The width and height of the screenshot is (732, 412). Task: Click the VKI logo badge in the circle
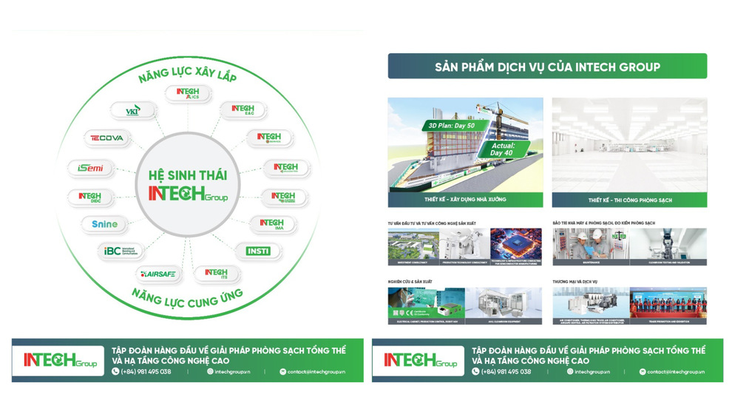[x=133, y=112]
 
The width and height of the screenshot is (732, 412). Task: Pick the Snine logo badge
[x=105, y=224]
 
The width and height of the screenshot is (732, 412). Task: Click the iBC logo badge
[x=120, y=251]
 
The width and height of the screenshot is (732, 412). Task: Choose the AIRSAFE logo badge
[x=159, y=274]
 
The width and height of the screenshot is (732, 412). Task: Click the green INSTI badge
[x=258, y=251]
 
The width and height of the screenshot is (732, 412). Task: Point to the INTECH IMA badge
[x=272, y=224]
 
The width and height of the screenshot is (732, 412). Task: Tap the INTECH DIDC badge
[x=90, y=197]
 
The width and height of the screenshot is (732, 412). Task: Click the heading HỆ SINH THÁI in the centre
[x=188, y=175]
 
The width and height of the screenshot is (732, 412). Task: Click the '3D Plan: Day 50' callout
[x=451, y=126]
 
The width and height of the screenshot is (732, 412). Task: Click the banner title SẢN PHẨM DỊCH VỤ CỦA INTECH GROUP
[x=547, y=67]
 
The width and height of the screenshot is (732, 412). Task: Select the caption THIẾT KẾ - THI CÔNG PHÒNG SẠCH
[x=629, y=200]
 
